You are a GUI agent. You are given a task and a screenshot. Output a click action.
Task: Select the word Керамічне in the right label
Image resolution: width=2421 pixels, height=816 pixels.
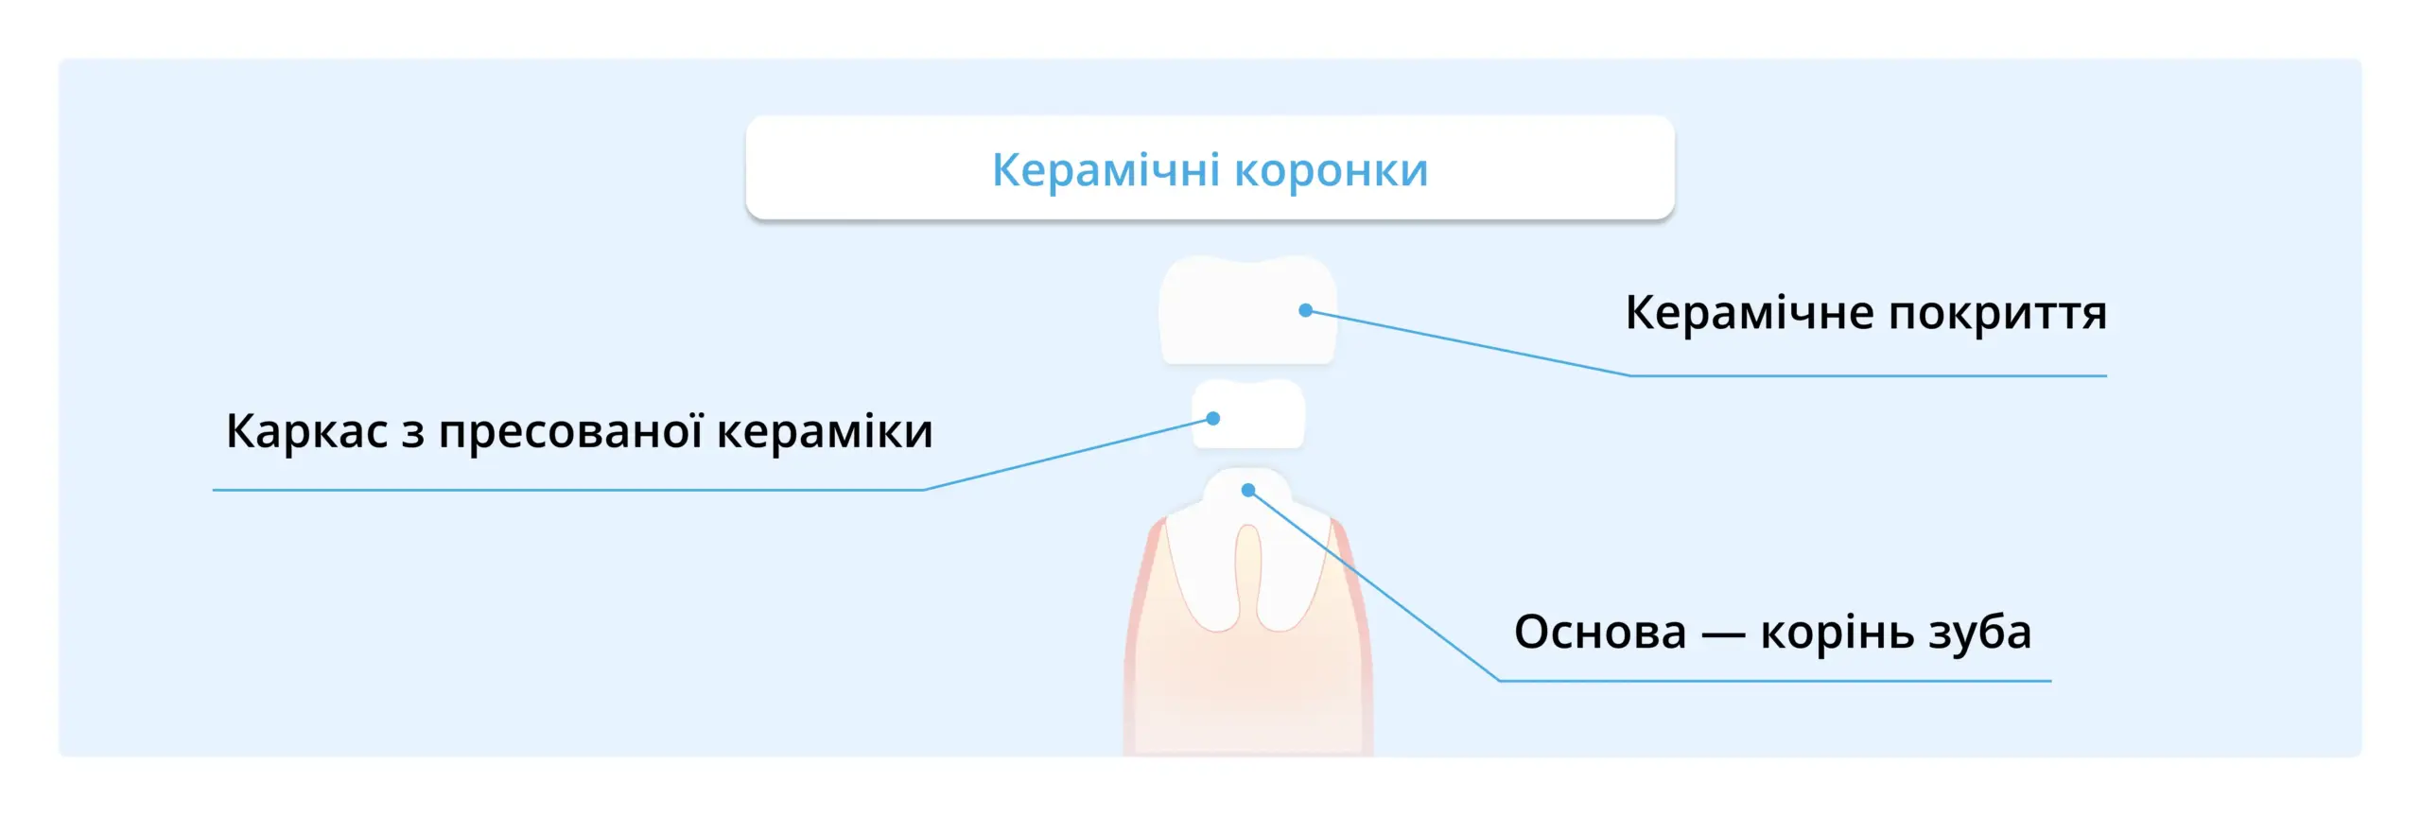(x=1748, y=313)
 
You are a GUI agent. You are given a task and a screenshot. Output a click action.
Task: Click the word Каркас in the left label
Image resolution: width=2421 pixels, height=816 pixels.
(x=306, y=431)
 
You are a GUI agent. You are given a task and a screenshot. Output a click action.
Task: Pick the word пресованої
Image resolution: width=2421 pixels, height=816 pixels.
(x=570, y=431)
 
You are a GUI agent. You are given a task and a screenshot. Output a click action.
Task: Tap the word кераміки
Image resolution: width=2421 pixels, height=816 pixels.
(x=825, y=431)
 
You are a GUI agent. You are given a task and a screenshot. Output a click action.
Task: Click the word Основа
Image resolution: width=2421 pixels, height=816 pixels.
(x=1600, y=632)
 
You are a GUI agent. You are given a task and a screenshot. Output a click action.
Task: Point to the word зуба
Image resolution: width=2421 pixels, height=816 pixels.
(x=1980, y=632)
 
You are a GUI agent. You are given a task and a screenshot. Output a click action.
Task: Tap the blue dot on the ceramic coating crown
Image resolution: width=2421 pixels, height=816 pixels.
(x=1305, y=310)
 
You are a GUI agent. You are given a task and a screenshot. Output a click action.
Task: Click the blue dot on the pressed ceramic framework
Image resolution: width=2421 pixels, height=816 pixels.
(x=1213, y=418)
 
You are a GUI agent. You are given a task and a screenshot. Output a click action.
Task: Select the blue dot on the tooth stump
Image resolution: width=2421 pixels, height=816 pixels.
(x=1248, y=490)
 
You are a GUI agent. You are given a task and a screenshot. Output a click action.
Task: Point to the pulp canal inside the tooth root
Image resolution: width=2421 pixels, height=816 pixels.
(x=1248, y=572)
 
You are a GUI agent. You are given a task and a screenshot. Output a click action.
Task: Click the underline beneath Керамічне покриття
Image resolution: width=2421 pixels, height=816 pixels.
(x=1868, y=375)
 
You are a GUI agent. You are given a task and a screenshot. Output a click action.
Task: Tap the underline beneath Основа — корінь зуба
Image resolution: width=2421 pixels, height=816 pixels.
(x=1775, y=680)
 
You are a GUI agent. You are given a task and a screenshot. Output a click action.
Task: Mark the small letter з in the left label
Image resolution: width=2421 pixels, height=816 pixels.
(x=412, y=433)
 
